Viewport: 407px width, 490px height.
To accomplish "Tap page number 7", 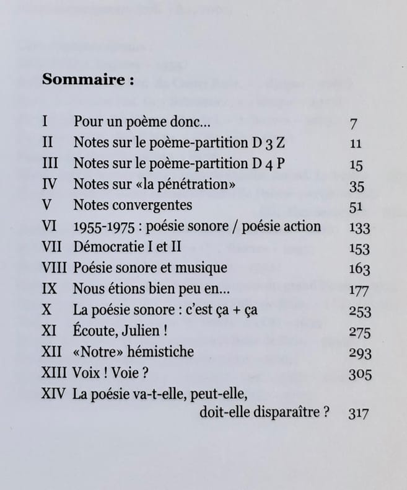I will tap(353, 123).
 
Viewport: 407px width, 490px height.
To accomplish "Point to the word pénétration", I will tap(186, 184).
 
